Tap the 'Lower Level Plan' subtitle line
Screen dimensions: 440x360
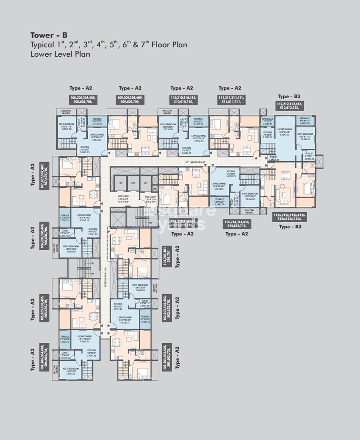click(60, 54)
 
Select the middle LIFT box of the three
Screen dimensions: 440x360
click(133, 183)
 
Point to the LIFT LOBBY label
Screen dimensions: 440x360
click(123, 196)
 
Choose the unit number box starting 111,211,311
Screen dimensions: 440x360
click(231, 99)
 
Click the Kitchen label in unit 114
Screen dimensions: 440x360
click(230, 174)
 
